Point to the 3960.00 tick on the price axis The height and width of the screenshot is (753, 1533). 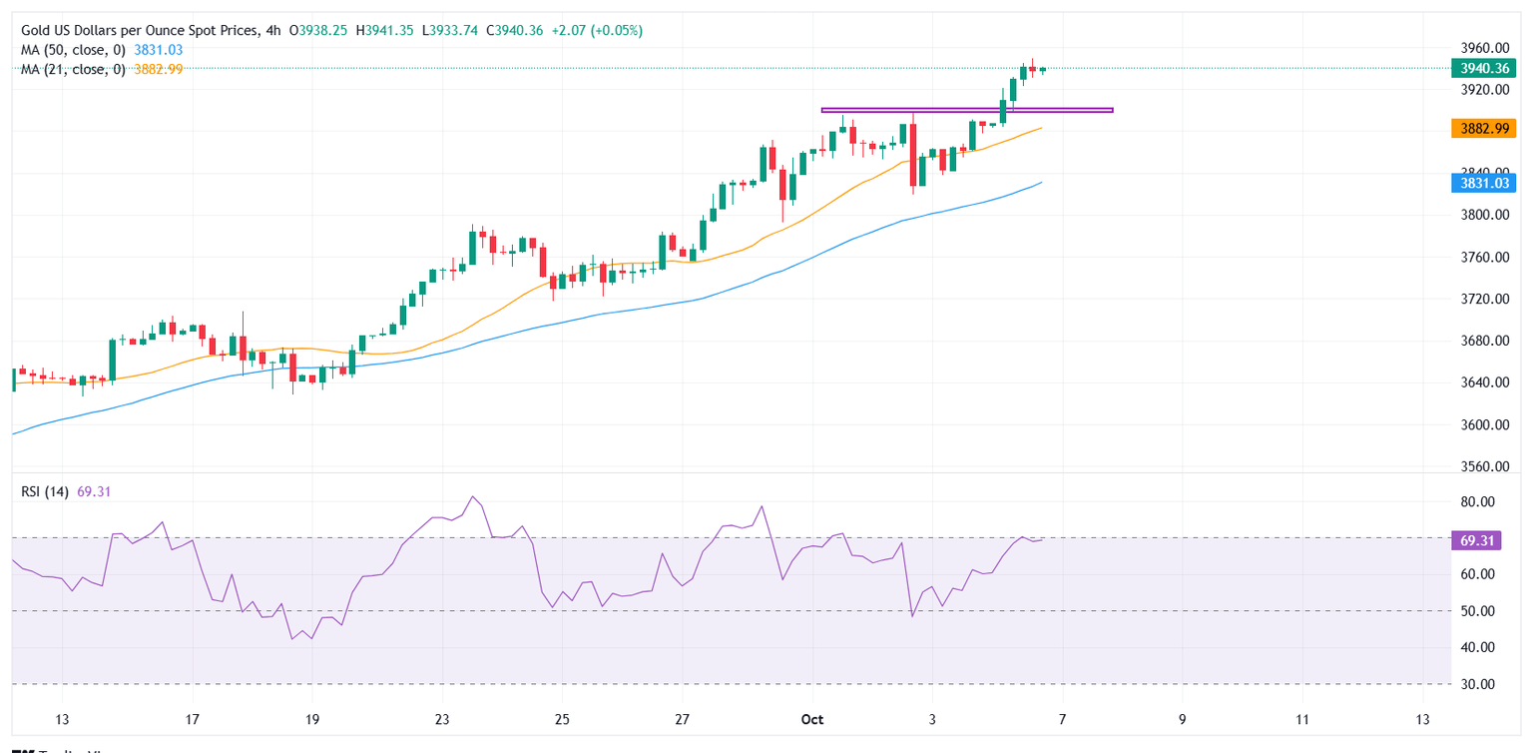pos(1482,48)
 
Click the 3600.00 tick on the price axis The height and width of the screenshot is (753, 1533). pos(1482,425)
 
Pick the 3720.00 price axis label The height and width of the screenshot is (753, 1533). pos(1482,300)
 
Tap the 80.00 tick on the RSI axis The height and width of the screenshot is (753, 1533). pos(1476,502)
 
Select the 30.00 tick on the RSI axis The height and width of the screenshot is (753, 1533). pos(1476,685)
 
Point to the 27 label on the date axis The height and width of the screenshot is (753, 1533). pos(682,720)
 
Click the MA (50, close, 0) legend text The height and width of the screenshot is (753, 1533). pos(74,50)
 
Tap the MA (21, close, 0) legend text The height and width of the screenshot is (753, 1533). pos(74,69)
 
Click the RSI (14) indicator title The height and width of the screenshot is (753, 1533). pos(44,492)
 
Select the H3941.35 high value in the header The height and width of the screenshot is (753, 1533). pos(382,31)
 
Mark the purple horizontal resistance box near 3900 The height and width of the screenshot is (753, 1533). pos(966,110)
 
